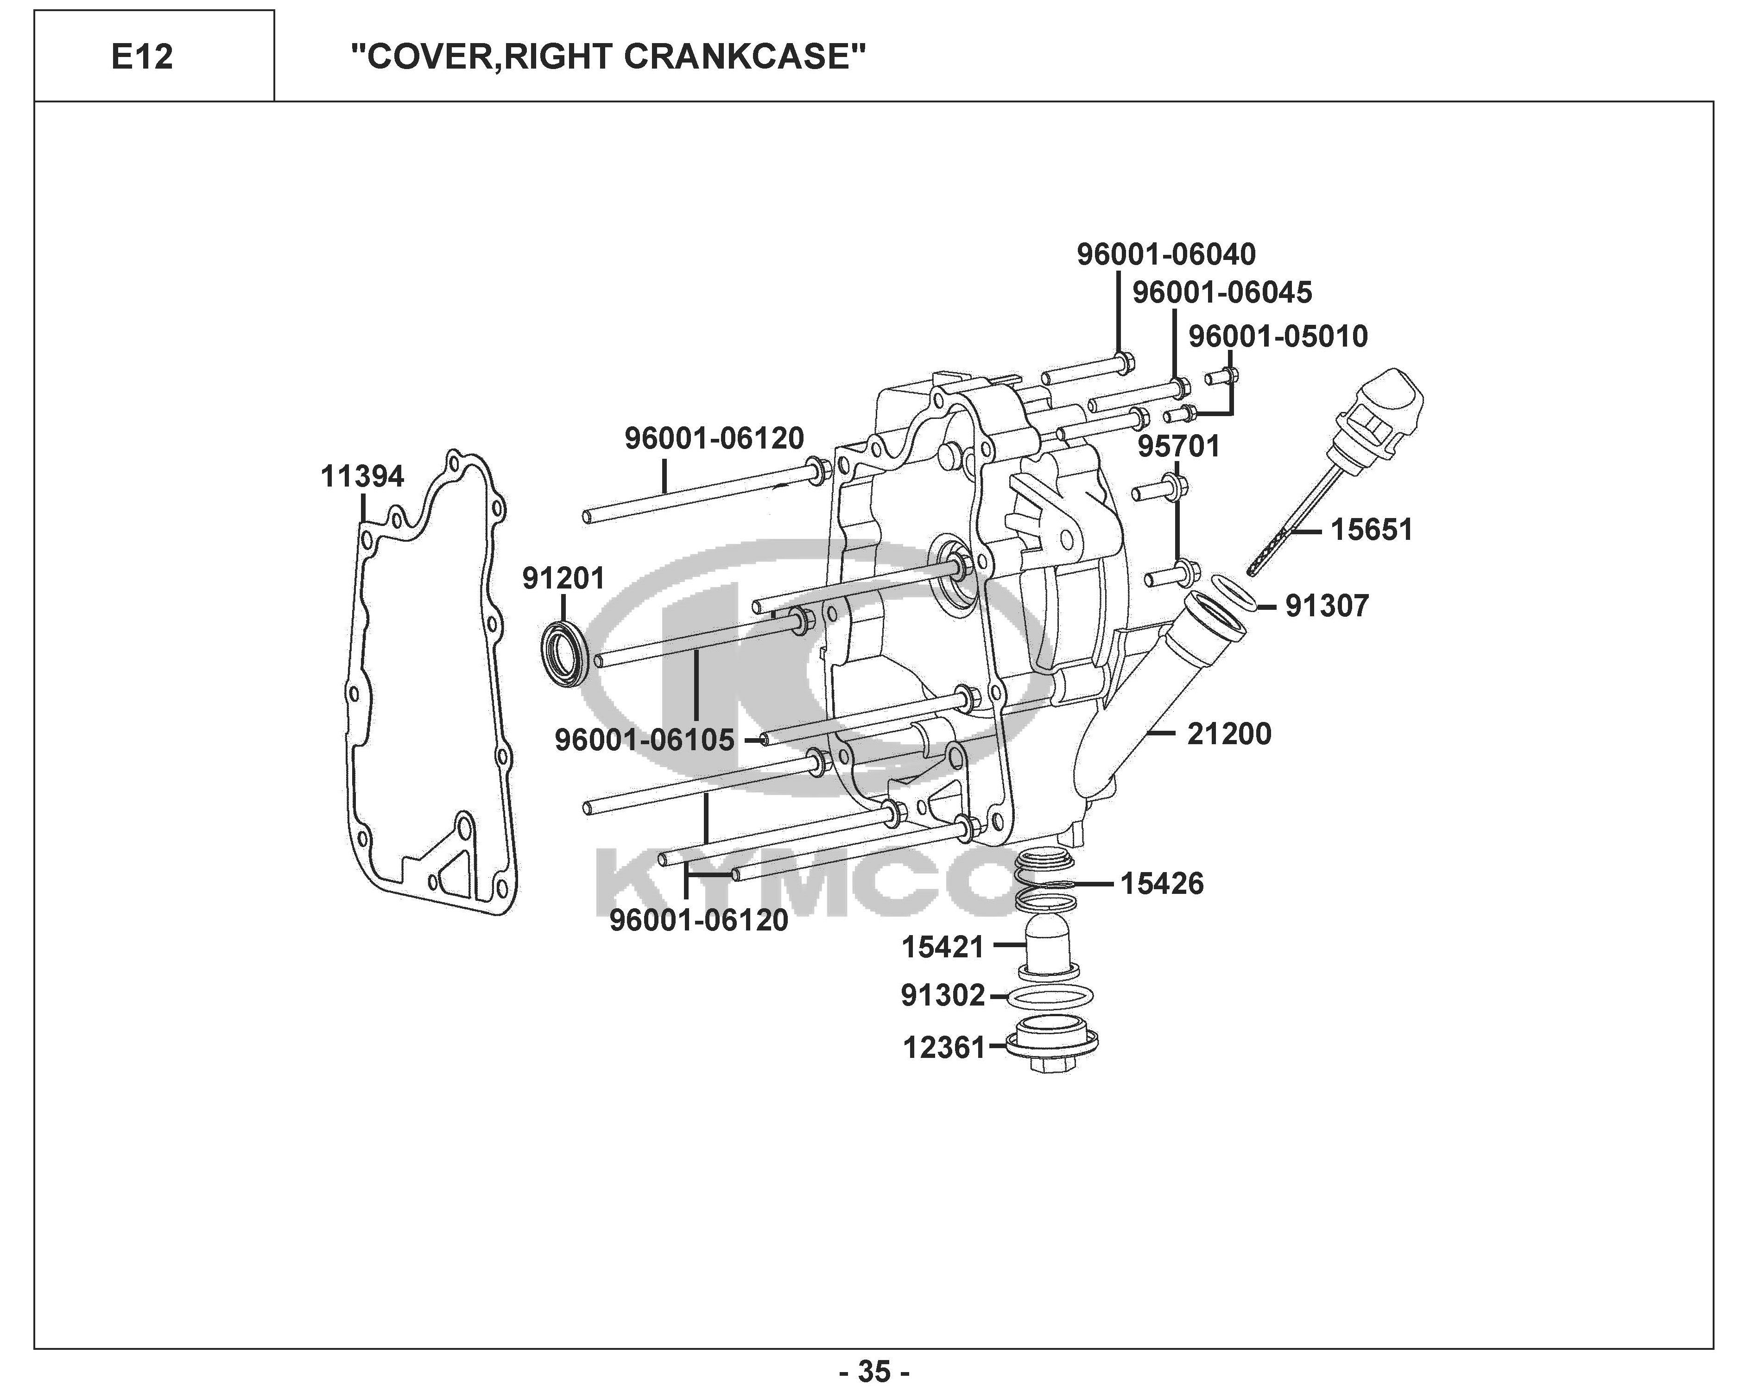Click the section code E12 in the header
coord(142,57)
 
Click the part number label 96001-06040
coord(1166,254)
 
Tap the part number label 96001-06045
coord(1222,292)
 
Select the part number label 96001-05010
coord(1278,336)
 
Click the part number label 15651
coord(1371,530)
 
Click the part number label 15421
coord(943,947)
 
